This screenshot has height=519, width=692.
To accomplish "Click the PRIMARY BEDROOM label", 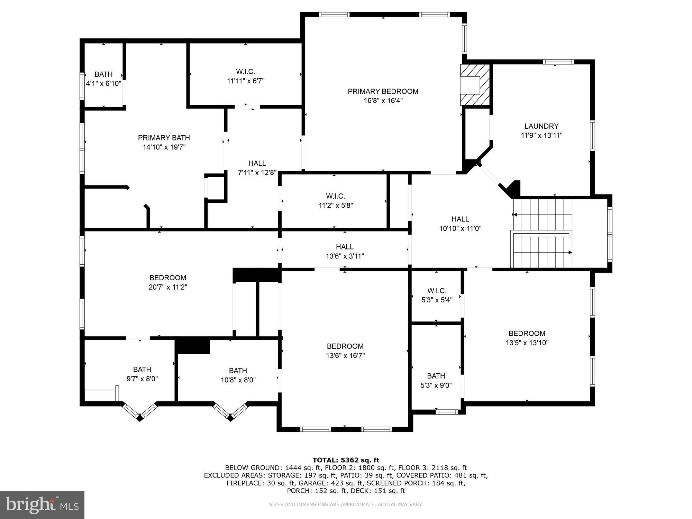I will pyautogui.click(x=383, y=91).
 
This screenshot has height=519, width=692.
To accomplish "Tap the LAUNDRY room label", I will pyautogui.click(x=541, y=126).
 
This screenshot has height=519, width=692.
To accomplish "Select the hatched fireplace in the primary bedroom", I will pyautogui.click(x=475, y=85).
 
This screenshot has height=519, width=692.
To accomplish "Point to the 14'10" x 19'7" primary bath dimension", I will pyautogui.click(x=164, y=147).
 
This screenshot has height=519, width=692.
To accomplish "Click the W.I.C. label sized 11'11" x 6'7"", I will pyautogui.click(x=246, y=72).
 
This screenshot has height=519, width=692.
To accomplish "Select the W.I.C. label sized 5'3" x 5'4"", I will pyautogui.click(x=437, y=291).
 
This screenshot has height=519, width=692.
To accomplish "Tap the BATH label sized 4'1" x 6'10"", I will pyautogui.click(x=103, y=74).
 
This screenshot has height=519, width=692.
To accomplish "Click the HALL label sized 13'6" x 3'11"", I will pyautogui.click(x=345, y=247).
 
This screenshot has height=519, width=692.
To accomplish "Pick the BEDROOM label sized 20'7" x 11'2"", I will pyautogui.click(x=168, y=277).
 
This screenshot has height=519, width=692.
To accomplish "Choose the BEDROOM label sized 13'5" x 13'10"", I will pyautogui.click(x=527, y=334).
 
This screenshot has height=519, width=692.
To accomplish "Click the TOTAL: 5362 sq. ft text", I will pyautogui.click(x=346, y=460).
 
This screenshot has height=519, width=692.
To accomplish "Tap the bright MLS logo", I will pyautogui.click(x=42, y=505).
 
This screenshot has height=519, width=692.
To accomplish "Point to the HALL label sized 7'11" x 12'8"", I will pyautogui.click(x=257, y=163).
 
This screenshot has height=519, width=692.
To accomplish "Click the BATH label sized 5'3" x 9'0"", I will pyautogui.click(x=436, y=376).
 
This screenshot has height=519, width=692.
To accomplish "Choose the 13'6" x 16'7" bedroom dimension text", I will pyautogui.click(x=345, y=356).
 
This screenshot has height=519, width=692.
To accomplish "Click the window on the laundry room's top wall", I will pyautogui.click(x=558, y=62).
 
